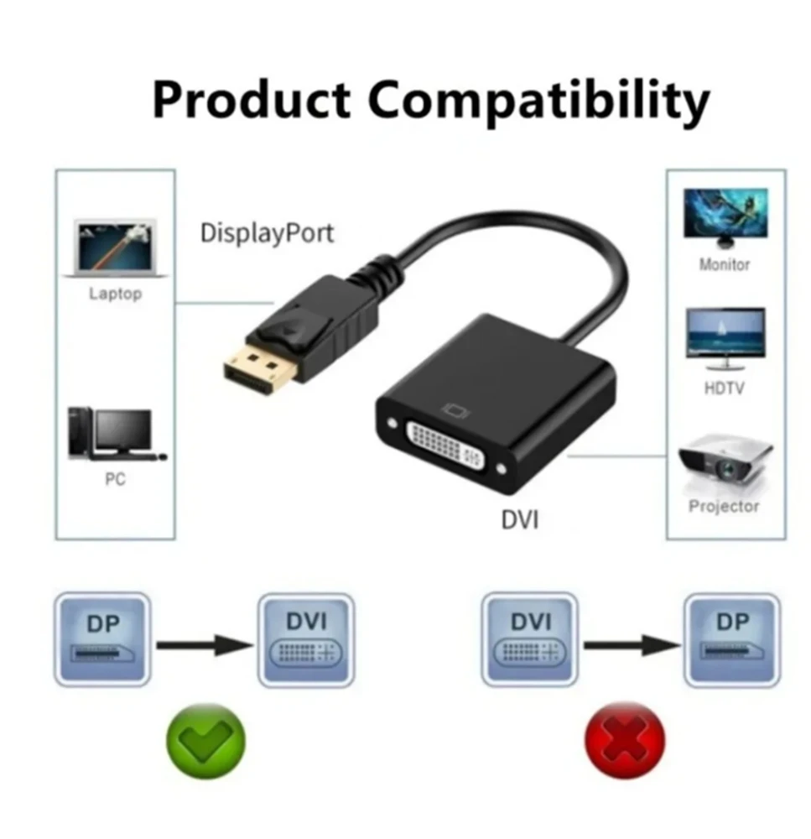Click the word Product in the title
[251, 101]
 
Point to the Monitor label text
[725, 264]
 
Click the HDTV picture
[725, 337]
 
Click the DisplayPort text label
[267, 232]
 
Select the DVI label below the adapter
[519, 519]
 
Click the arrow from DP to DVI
[205, 645]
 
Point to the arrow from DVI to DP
[632, 645]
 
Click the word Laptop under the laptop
[116, 294]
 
